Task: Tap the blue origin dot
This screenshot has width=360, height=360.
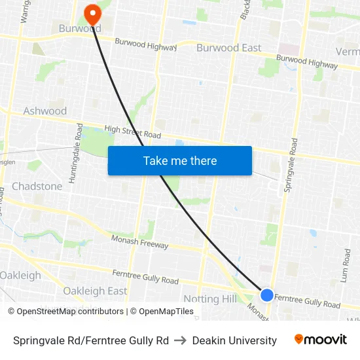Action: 267,295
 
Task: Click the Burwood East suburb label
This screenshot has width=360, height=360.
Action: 228,48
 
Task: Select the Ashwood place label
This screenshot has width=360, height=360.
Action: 45,111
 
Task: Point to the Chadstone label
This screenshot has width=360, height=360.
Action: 37,187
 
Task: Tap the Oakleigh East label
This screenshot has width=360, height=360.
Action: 95,291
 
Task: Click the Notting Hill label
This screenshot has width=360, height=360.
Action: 209,299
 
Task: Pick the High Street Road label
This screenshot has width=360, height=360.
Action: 132,131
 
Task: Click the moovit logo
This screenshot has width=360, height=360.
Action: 320,340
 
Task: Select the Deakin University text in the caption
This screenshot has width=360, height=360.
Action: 234,340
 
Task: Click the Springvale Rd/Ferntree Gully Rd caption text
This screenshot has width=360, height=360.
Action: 90,340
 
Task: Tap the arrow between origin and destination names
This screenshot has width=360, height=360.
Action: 181,340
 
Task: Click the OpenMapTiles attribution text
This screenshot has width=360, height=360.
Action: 162,312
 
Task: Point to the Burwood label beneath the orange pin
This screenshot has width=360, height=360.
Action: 79,29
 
